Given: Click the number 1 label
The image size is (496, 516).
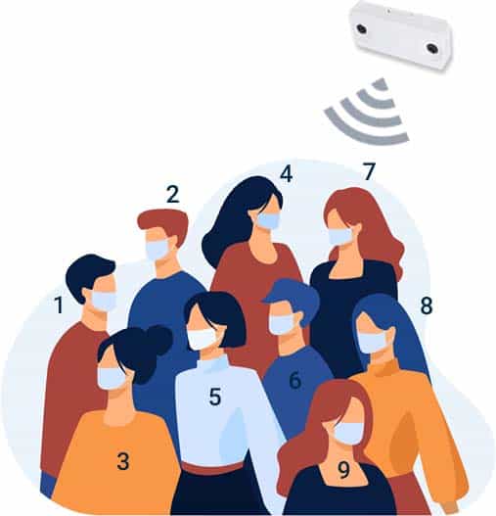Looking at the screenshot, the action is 59,305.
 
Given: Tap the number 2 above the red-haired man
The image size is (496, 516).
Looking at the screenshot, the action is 173,194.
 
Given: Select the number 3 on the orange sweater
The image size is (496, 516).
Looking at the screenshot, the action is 123,461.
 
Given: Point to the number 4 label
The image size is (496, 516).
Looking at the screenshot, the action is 286,173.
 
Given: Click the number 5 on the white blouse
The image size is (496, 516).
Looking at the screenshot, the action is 215,397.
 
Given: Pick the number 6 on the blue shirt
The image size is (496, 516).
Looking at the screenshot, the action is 295,380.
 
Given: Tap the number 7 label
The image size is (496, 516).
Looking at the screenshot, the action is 369,171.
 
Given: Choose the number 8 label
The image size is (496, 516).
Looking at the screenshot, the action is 427,305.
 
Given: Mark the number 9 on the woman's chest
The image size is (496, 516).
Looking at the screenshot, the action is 343,470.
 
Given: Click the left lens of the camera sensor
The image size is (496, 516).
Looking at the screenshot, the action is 361,28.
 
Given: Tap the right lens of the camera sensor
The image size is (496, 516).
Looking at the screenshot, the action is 432,48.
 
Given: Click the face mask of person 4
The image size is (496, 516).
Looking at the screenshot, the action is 268,220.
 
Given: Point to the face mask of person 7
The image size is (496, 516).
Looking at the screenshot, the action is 340,236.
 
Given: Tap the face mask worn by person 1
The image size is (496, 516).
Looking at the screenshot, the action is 104,301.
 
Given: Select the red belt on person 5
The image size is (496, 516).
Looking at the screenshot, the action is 212,468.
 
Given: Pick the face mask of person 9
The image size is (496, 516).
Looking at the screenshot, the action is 348,433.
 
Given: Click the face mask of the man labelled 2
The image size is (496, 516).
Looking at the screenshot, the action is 158,250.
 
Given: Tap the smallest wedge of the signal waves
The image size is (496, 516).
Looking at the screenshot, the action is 381,84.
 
